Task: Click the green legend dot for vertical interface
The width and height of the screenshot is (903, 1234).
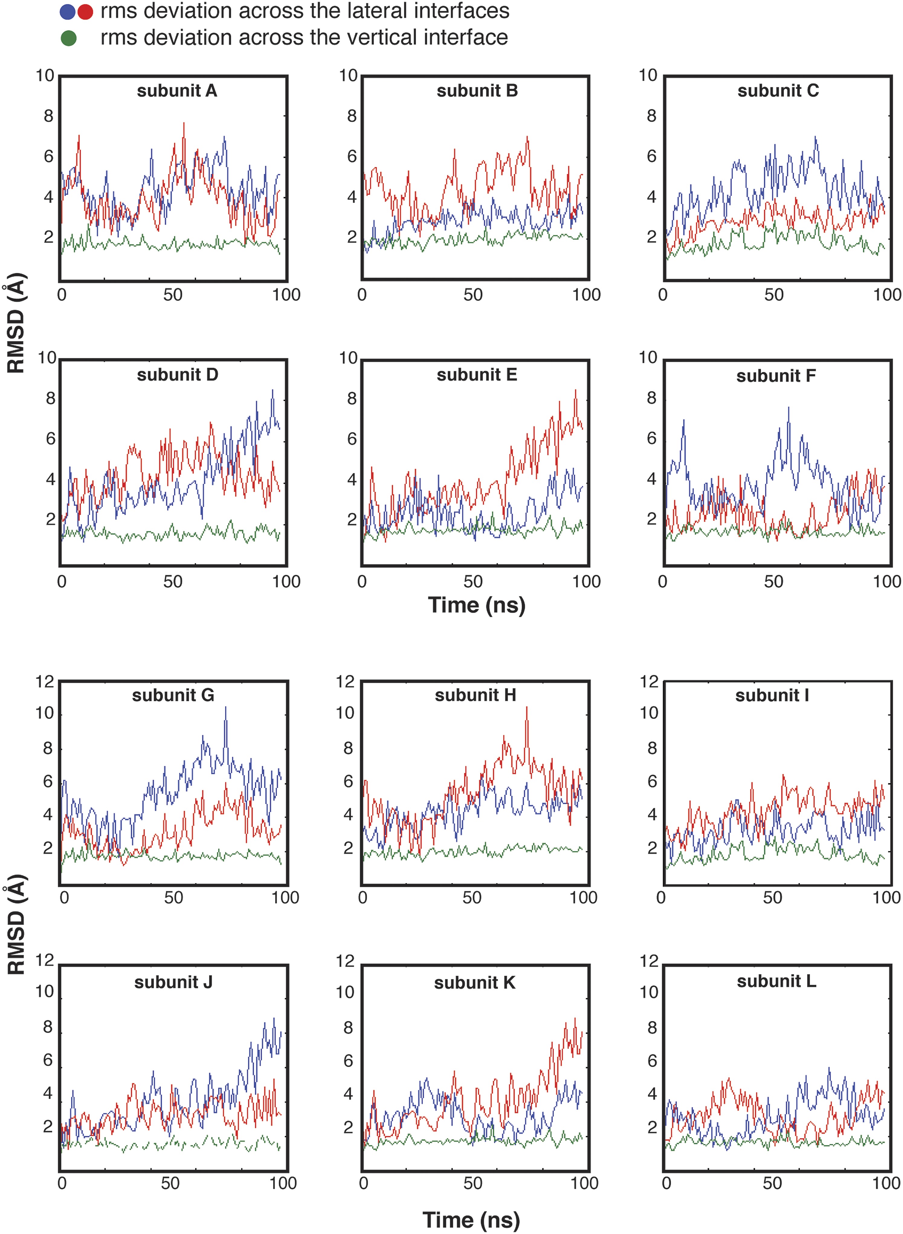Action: (x=68, y=38)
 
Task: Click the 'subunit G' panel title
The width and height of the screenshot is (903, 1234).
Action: (x=173, y=695)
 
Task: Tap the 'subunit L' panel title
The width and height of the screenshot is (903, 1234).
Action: (x=776, y=981)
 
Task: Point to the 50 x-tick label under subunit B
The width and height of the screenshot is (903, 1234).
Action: (x=473, y=295)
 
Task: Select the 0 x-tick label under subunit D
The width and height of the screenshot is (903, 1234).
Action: (x=62, y=582)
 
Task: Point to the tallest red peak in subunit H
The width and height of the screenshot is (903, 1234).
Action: (x=527, y=708)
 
